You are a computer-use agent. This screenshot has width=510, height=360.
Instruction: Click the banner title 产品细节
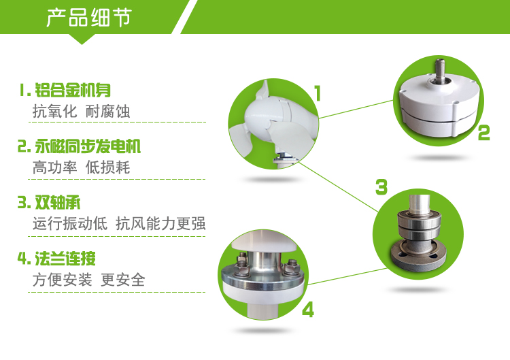click(x=89, y=18)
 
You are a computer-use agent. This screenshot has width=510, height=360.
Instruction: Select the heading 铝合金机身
click(x=73, y=90)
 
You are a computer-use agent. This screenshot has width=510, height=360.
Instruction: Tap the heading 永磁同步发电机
click(x=88, y=146)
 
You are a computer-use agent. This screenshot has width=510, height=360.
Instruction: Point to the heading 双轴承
click(x=57, y=203)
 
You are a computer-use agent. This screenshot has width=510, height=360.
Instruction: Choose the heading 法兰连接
click(x=65, y=259)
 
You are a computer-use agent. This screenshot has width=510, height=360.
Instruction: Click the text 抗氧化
click(x=54, y=112)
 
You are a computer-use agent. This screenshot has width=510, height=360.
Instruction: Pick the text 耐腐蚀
click(x=107, y=112)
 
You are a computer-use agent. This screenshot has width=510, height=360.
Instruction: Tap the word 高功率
click(x=54, y=167)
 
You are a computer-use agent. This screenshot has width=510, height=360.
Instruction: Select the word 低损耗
click(x=107, y=167)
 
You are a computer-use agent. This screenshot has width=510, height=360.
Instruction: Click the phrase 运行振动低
click(x=70, y=224)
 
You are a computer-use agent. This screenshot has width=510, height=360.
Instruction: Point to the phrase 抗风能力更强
click(x=160, y=224)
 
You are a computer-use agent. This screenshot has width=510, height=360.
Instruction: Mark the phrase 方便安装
click(x=62, y=280)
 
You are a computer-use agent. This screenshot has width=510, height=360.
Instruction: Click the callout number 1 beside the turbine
click(x=318, y=93)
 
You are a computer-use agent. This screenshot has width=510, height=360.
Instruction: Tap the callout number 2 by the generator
click(x=484, y=133)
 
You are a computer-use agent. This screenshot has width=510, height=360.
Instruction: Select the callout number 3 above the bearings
click(x=381, y=187)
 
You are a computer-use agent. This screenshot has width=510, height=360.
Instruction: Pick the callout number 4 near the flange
click(x=308, y=309)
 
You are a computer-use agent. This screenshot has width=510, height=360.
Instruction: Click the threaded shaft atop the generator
click(x=441, y=69)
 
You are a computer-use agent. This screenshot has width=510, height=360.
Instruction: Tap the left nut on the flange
click(x=241, y=263)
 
